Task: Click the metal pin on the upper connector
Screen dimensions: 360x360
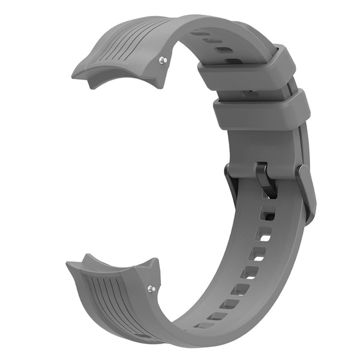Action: (163, 60)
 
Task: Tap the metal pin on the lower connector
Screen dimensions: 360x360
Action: (152, 289)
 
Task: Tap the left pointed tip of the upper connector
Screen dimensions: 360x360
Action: (74, 75)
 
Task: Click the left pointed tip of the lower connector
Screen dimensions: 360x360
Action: (70, 264)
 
